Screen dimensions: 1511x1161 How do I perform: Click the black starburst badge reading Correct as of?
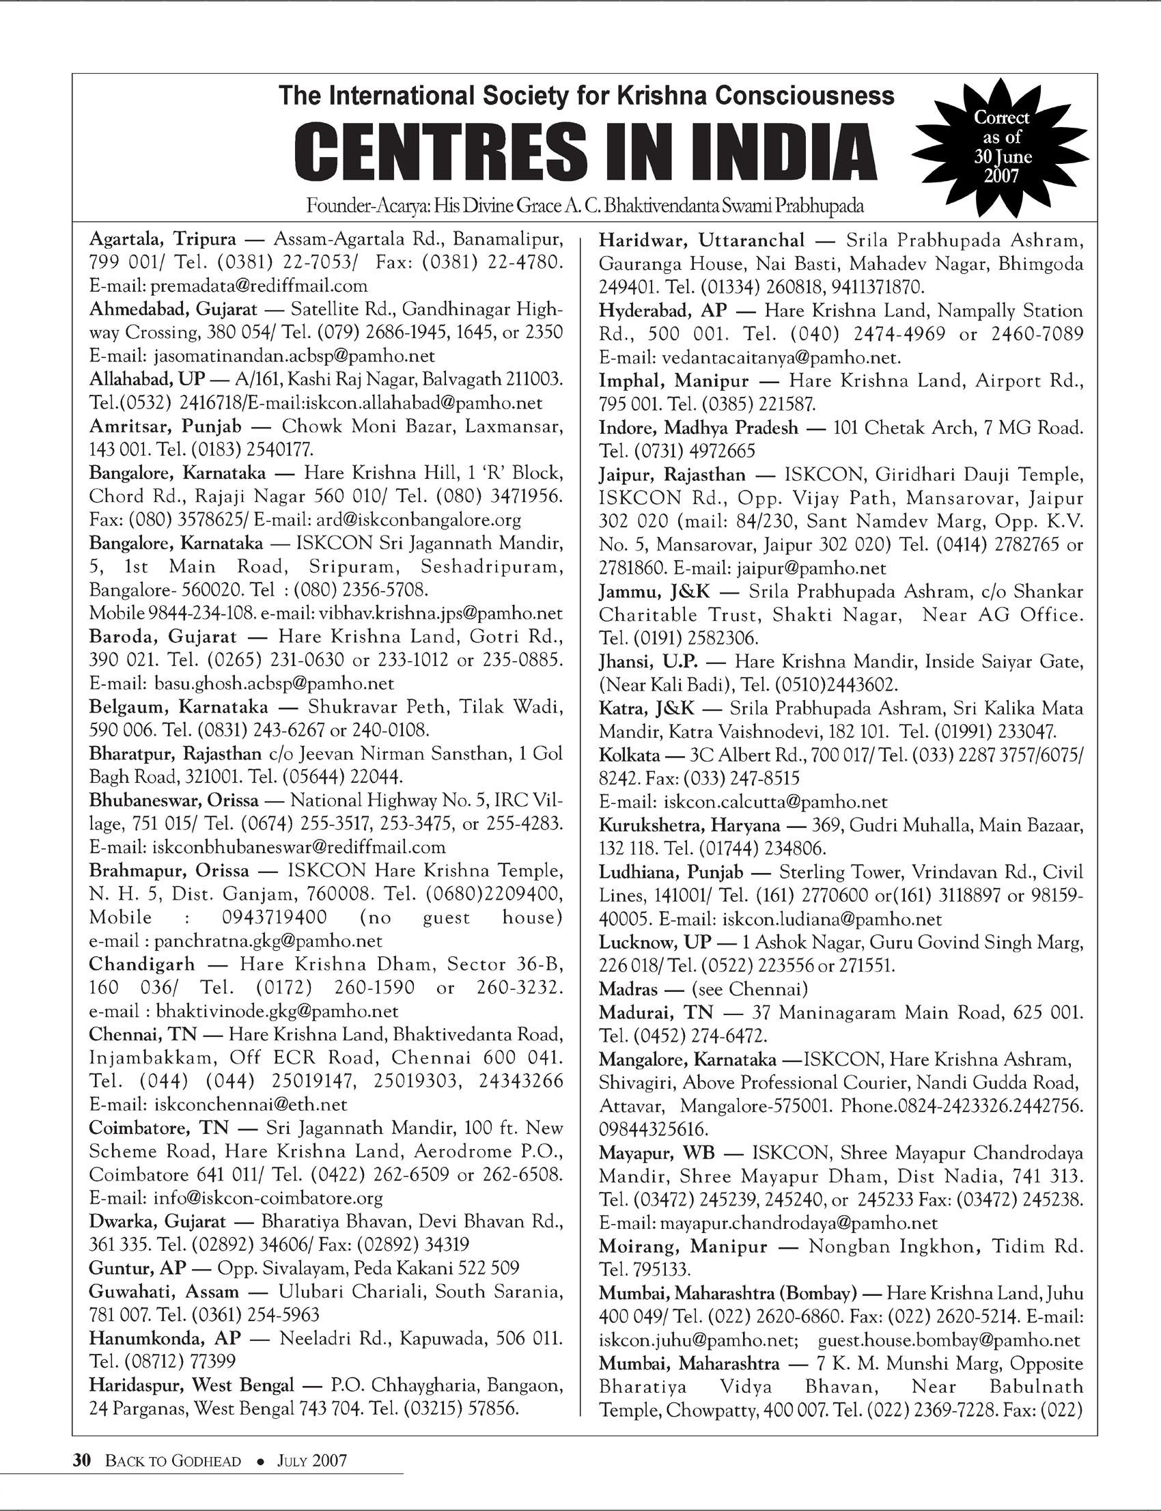[x=1001, y=147]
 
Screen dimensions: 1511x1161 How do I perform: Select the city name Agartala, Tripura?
[x=163, y=239]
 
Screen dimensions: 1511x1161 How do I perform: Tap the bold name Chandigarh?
[x=141, y=964]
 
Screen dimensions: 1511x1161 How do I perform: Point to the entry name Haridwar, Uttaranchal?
[x=701, y=240]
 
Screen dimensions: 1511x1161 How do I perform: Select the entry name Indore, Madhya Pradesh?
[x=698, y=427]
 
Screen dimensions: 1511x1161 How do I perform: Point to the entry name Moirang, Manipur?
[x=683, y=1246]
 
